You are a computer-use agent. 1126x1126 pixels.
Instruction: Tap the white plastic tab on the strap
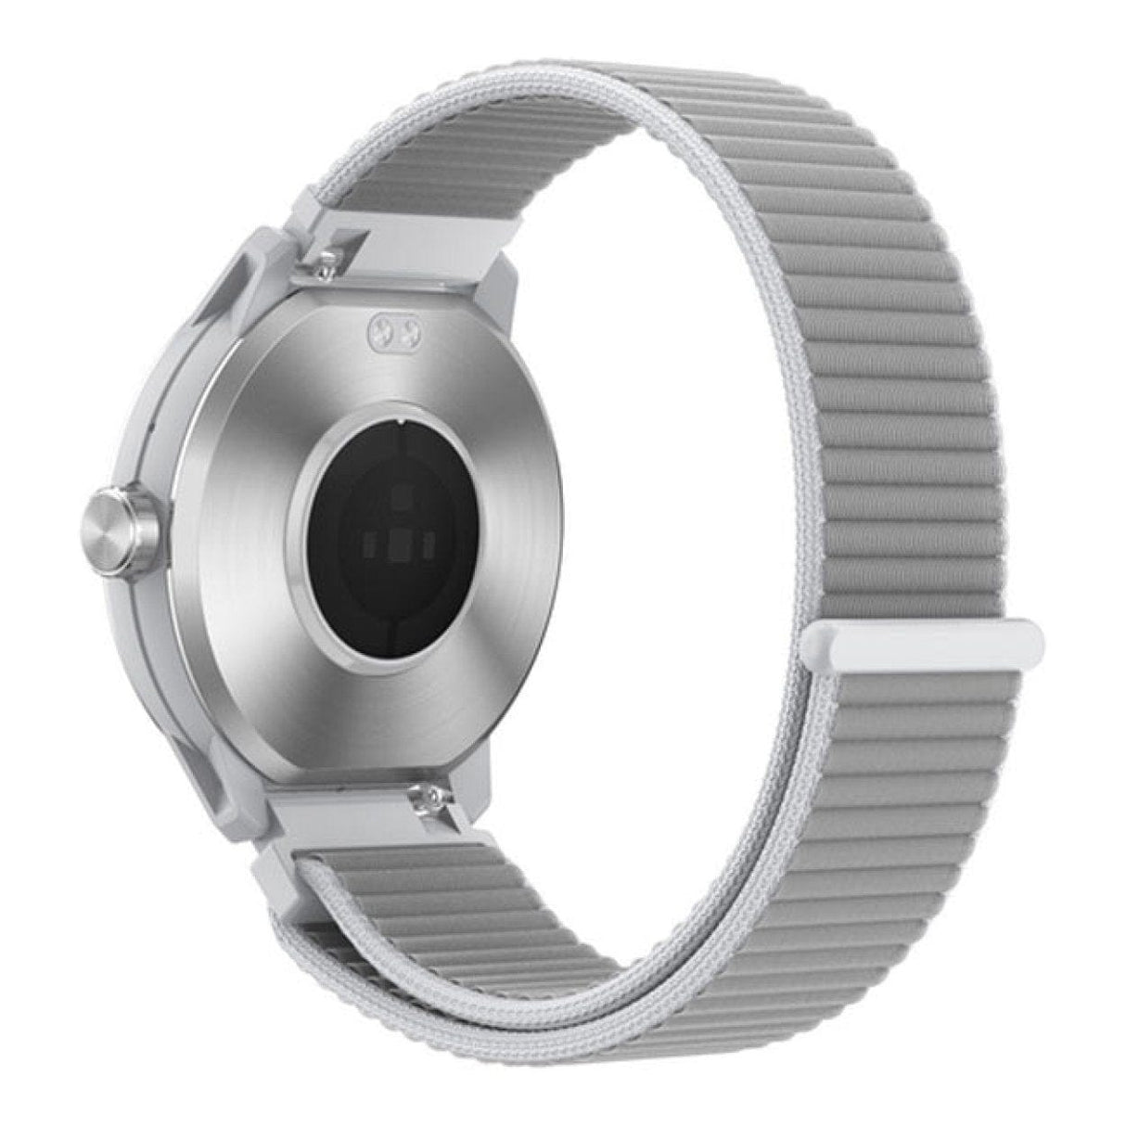(928, 643)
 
